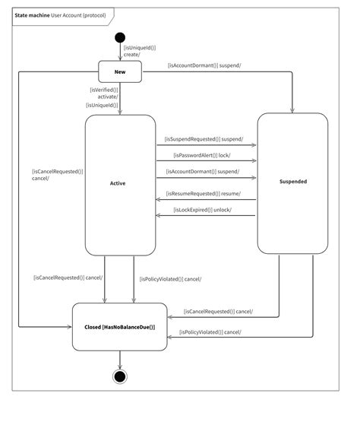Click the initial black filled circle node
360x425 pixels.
(120, 37)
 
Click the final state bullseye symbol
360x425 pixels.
(120, 376)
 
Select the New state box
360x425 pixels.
(120, 71)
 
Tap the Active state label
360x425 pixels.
(118, 183)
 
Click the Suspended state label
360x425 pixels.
(292, 182)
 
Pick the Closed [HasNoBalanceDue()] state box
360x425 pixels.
(119, 326)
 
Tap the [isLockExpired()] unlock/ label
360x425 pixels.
(201, 210)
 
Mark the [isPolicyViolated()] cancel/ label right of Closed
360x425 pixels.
(210, 332)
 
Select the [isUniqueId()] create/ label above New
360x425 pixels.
(139, 51)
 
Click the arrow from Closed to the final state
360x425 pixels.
(120, 360)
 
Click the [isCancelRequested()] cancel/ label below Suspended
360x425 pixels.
(219, 312)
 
